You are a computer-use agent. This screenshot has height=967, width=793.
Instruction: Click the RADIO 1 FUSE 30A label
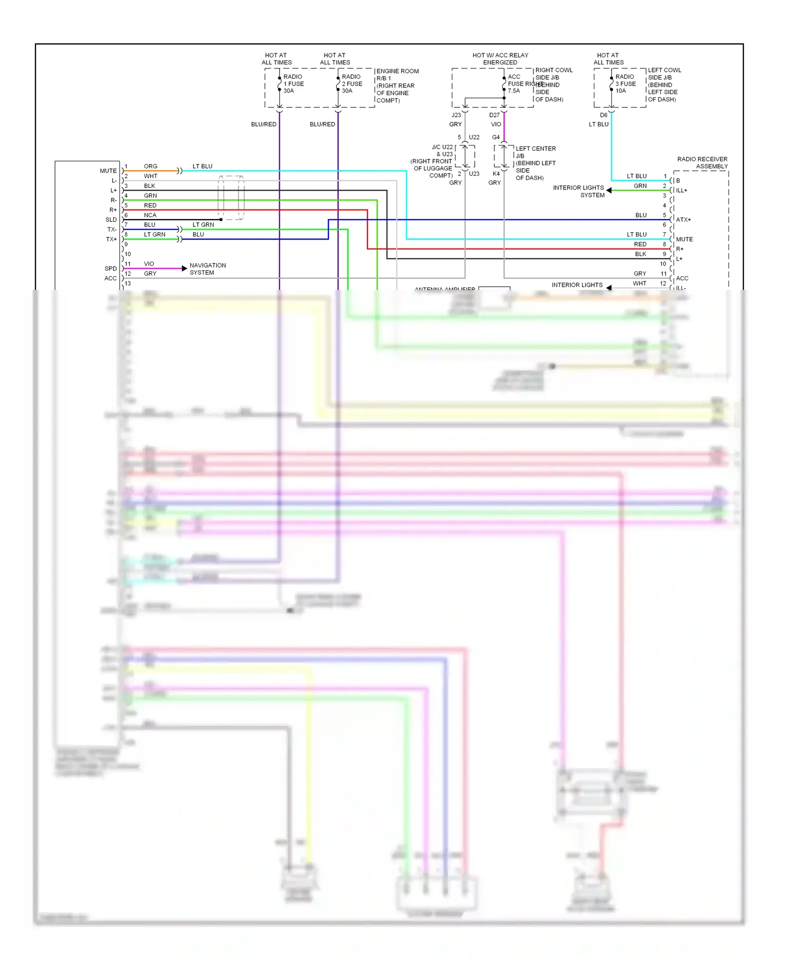(293, 84)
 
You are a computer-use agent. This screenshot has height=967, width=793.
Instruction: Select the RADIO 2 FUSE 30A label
(352, 84)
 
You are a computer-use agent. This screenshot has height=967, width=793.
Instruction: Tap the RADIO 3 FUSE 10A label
(625, 84)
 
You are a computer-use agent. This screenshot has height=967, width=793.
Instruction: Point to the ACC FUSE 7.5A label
(515, 84)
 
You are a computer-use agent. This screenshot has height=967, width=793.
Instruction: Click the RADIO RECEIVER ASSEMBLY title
(702, 162)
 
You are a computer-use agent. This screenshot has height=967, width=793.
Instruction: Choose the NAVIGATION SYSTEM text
(207, 269)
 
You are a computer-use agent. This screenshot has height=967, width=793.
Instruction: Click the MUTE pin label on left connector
(108, 171)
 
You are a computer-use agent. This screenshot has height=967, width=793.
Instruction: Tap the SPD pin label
(110, 269)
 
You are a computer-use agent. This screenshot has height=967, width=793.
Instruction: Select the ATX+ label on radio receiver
(683, 220)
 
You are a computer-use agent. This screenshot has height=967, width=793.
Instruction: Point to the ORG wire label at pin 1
(151, 166)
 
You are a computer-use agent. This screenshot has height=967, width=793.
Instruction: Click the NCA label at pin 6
(150, 215)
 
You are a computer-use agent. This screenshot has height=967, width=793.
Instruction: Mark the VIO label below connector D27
(496, 124)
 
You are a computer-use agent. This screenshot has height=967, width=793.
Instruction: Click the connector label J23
(456, 115)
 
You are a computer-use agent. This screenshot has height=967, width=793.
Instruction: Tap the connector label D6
(604, 115)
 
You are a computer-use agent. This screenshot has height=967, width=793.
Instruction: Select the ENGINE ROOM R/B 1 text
(397, 75)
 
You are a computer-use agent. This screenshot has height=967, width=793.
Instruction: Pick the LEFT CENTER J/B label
(535, 152)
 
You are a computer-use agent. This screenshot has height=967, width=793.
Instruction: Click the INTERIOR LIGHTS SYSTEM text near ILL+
(578, 191)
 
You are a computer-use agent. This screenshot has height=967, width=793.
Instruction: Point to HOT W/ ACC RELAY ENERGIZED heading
(500, 59)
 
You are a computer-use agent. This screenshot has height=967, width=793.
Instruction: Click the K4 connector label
(496, 174)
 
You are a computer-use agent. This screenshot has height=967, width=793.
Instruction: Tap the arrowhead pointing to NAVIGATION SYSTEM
(184, 269)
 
